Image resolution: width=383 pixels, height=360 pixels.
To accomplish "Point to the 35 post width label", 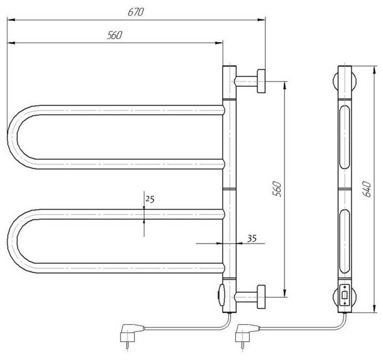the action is coord(253,238).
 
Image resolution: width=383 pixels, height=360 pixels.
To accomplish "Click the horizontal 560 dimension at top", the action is coord(115,35).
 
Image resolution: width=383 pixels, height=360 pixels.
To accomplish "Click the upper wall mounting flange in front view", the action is coord(262,81).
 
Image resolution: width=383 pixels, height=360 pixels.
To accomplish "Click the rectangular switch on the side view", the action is coord(345,294).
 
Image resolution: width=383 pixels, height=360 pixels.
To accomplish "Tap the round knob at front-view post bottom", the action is coord(222,292).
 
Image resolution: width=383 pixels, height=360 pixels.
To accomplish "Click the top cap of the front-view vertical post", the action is coord(229,69).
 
